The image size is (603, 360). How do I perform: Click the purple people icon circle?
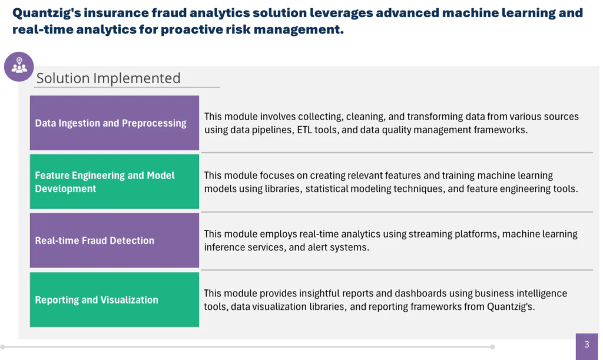[19, 67]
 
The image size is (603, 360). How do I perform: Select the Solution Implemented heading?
[108, 78]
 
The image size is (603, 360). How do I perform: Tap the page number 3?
[587, 344]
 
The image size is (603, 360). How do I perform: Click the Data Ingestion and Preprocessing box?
[114, 123]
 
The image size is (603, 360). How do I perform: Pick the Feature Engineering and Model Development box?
[114, 181]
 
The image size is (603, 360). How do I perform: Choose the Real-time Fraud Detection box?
[114, 240]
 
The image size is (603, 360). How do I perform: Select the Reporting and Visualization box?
[114, 300]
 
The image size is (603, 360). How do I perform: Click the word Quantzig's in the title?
[47, 13]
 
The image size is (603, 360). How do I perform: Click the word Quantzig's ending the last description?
[511, 307]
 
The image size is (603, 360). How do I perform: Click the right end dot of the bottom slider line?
[492, 347]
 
